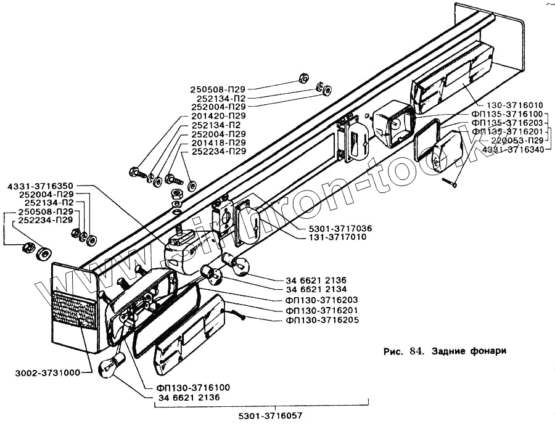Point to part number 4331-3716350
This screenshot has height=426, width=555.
[x=41, y=186]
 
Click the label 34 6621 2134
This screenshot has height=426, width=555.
[x=316, y=289]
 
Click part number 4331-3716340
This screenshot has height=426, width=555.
[x=513, y=149]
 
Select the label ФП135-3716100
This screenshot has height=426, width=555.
[x=508, y=114]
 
